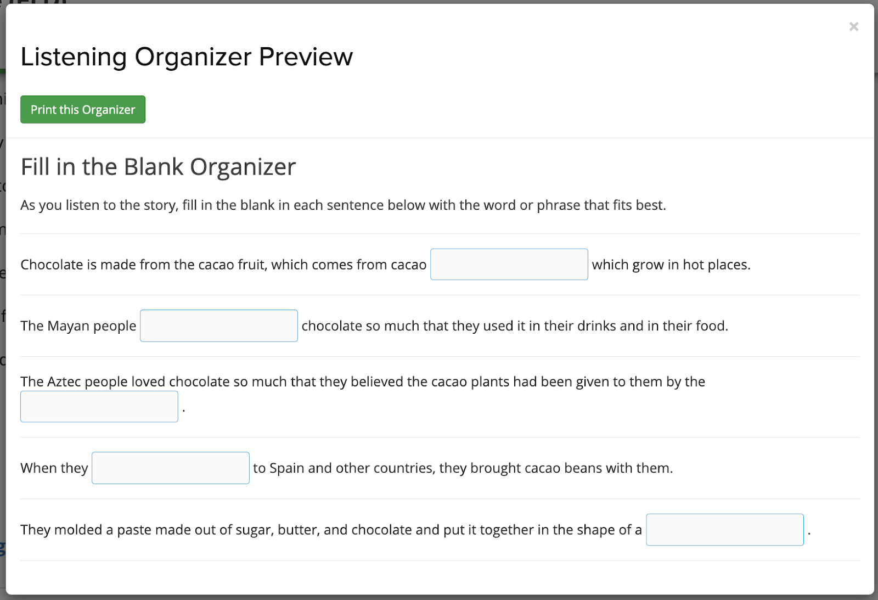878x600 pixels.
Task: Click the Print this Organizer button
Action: (83, 109)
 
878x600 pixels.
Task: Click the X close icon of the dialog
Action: (854, 27)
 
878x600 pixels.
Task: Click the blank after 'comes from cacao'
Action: (509, 264)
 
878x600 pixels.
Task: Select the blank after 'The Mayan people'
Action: (219, 326)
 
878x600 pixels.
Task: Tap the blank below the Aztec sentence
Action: (99, 407)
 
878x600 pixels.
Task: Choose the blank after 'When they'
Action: (171, 468)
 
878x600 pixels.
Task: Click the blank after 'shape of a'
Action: (725, 530)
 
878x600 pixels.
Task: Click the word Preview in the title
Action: (306, 57)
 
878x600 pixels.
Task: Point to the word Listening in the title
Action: (74, 58)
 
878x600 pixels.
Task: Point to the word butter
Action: (296, 530)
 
